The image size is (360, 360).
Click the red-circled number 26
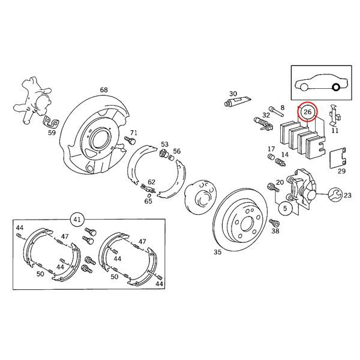click(308, 112)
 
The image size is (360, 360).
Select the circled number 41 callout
click(77, 220)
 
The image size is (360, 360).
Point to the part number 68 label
click(104, 91)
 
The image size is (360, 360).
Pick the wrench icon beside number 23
click(334, 194)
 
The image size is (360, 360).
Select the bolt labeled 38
click(275, 223)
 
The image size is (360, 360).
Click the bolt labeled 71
click(128, 142)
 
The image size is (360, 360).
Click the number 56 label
click(176, 151)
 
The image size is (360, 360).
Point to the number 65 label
click(148, 202)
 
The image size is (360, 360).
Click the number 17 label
click(271, 150)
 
